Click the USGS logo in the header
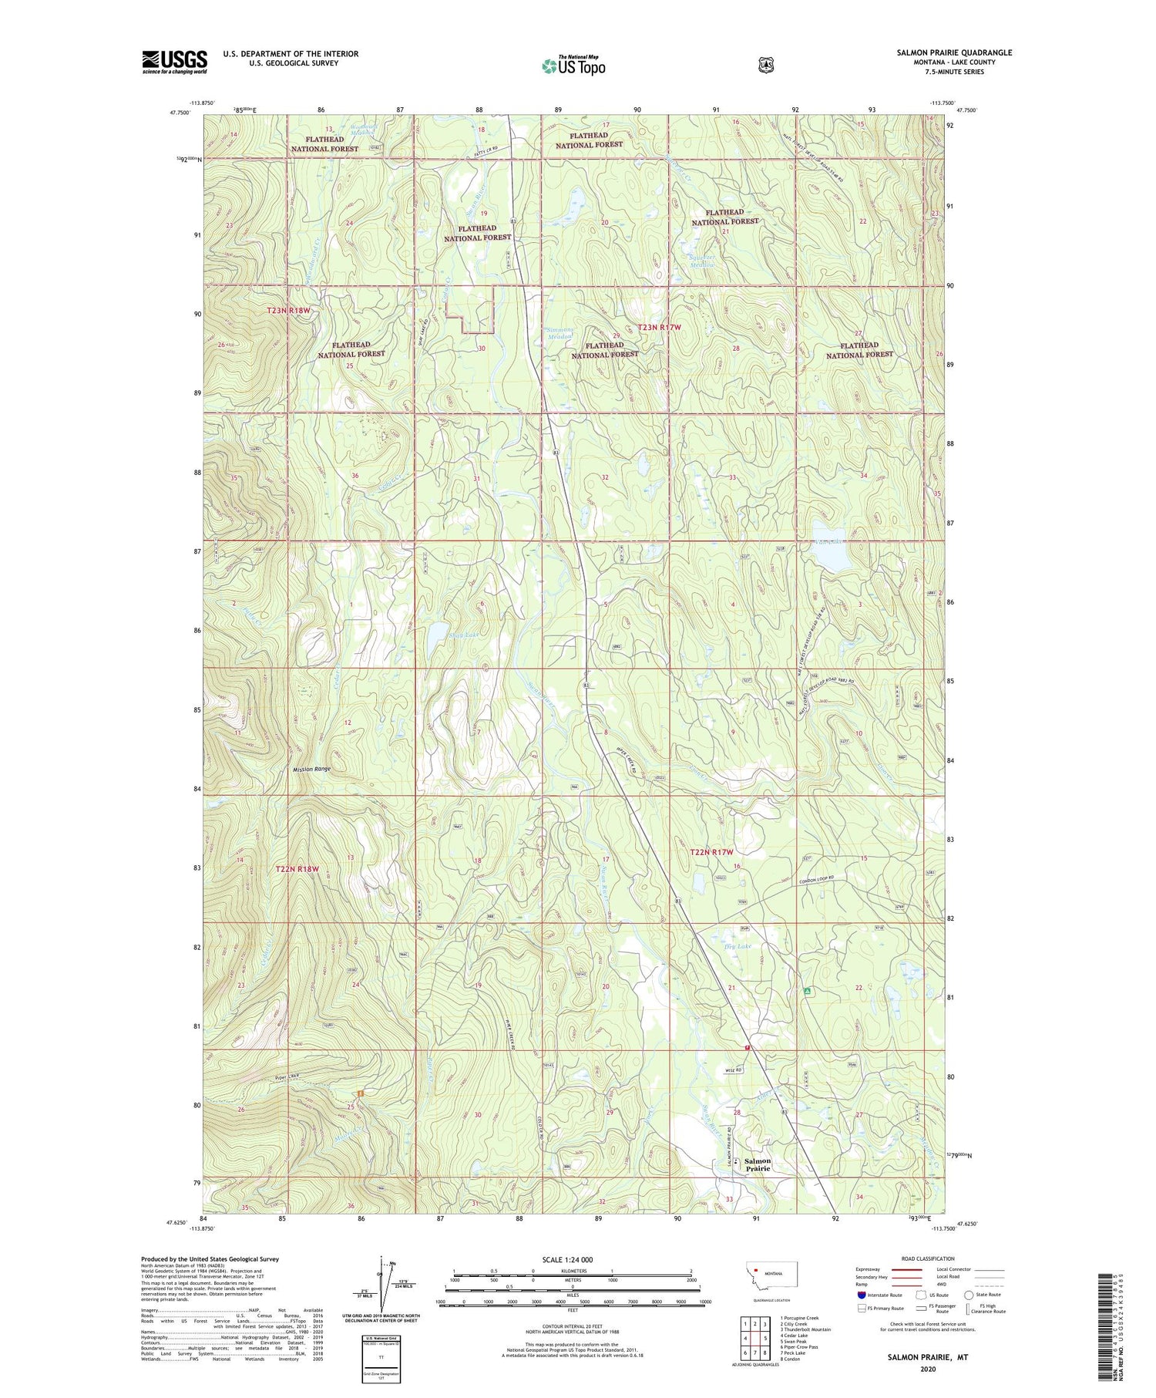point(174,62)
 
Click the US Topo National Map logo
point(573,66)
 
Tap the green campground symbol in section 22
point(807,991)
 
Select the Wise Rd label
point(734,1071)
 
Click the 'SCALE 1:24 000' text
point(567,1260)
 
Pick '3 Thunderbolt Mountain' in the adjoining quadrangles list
point(805,1329)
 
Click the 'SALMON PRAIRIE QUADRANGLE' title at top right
point(954,53)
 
